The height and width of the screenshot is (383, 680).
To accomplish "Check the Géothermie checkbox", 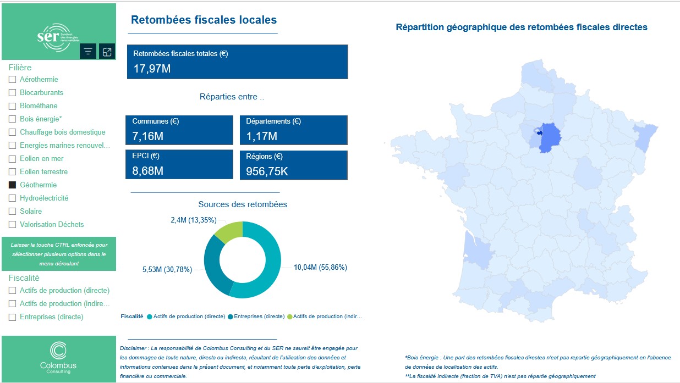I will (x=12, y=185).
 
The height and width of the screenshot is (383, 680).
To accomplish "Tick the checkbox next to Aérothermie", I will (x=12, y=80).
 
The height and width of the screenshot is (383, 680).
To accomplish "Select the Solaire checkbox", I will (x=12, y=212).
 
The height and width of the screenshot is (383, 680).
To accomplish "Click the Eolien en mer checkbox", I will (x=12, y=159).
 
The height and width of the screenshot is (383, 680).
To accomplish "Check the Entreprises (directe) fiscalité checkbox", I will (x=12, y=317).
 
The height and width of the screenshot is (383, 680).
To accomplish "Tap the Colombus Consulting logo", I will (x=58, y=358).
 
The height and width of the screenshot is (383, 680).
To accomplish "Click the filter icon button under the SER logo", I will (x=88, y=52).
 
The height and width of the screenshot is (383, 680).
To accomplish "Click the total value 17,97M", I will (x=152, y=69).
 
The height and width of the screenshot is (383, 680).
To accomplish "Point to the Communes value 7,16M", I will (x=148, y=136).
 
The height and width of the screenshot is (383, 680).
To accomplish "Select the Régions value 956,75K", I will (x=267, y=171).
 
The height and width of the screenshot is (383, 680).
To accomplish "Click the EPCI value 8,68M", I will (x=148, y=171).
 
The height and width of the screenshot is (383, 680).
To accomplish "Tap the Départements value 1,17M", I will (x=262, y=136).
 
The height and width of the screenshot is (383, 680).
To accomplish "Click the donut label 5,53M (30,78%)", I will (x=167, y=269).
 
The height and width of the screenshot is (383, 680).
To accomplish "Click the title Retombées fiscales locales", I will (x=204, y=20).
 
